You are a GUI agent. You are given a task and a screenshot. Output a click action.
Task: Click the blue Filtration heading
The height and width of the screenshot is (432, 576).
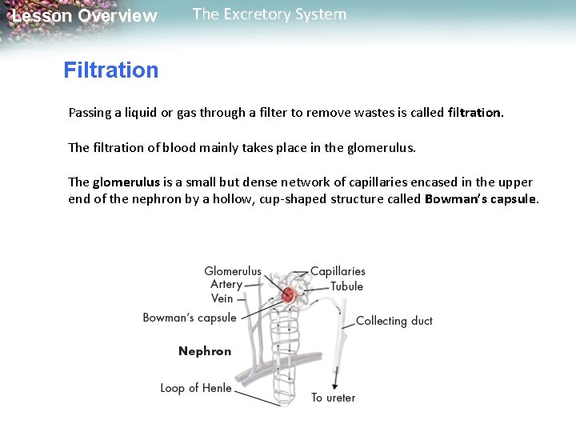click(x=111, y=70)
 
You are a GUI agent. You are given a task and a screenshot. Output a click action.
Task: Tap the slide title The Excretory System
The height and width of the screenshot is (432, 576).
click(x=270, y=14)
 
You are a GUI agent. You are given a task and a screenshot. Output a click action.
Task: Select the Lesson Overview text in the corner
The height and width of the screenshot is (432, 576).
click(x=85, y=16)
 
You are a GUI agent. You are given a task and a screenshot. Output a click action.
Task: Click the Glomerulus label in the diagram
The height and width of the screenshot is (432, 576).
click(x=233, y=271)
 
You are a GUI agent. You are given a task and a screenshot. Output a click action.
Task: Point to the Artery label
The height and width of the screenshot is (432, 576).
click(x=226, y=284)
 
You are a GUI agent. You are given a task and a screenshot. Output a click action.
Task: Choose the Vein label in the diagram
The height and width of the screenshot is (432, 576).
click(x=222, y=298)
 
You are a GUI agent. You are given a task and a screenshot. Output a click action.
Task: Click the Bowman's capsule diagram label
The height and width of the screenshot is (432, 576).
click(x=190, y=318)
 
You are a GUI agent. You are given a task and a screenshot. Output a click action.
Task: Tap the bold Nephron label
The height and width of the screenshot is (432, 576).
click(x=205, y=351)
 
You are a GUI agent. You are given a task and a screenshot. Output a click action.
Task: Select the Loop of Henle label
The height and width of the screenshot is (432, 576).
click(x=196, y=388)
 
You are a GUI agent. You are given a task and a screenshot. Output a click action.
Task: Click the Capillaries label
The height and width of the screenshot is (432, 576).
click(x=338, y=271)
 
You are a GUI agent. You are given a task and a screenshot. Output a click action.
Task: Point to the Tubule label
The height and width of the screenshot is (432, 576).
click(x=346, y=286)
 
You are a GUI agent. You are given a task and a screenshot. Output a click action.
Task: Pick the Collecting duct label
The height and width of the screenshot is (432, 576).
click(x=394, y=321)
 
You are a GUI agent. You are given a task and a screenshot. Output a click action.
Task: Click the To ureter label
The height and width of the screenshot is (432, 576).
click(x=333, y=398)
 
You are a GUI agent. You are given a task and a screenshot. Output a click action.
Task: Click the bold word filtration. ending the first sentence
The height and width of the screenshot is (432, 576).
click(x=477, y=113)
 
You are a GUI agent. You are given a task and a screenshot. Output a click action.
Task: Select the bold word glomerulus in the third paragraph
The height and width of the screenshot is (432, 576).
click(x=118, y=182)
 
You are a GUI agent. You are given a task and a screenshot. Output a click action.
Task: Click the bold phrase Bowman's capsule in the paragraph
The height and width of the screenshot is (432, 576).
click(x=482, y=198)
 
